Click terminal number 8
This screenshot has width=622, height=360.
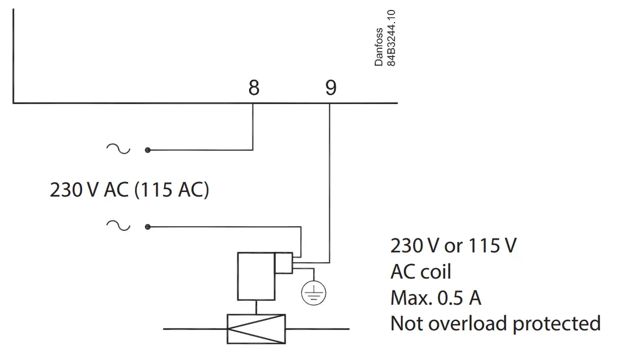253,88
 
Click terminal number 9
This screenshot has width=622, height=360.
330,88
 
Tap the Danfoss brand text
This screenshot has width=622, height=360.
379,47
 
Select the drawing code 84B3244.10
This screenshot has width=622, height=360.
392,38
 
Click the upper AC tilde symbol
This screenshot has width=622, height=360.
119,149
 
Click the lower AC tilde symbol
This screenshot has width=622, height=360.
119,226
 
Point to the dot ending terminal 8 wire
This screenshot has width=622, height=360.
148,150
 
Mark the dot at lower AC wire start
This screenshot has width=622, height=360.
148,227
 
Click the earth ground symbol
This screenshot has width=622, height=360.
314,294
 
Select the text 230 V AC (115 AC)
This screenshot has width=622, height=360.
129,190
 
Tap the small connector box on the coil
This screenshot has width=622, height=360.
284,263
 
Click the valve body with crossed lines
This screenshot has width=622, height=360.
256,329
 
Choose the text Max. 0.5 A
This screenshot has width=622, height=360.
436,298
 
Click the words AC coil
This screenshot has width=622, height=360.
421,272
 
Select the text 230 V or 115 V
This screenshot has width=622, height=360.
453,246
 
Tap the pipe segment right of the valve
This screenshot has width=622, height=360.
318,329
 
